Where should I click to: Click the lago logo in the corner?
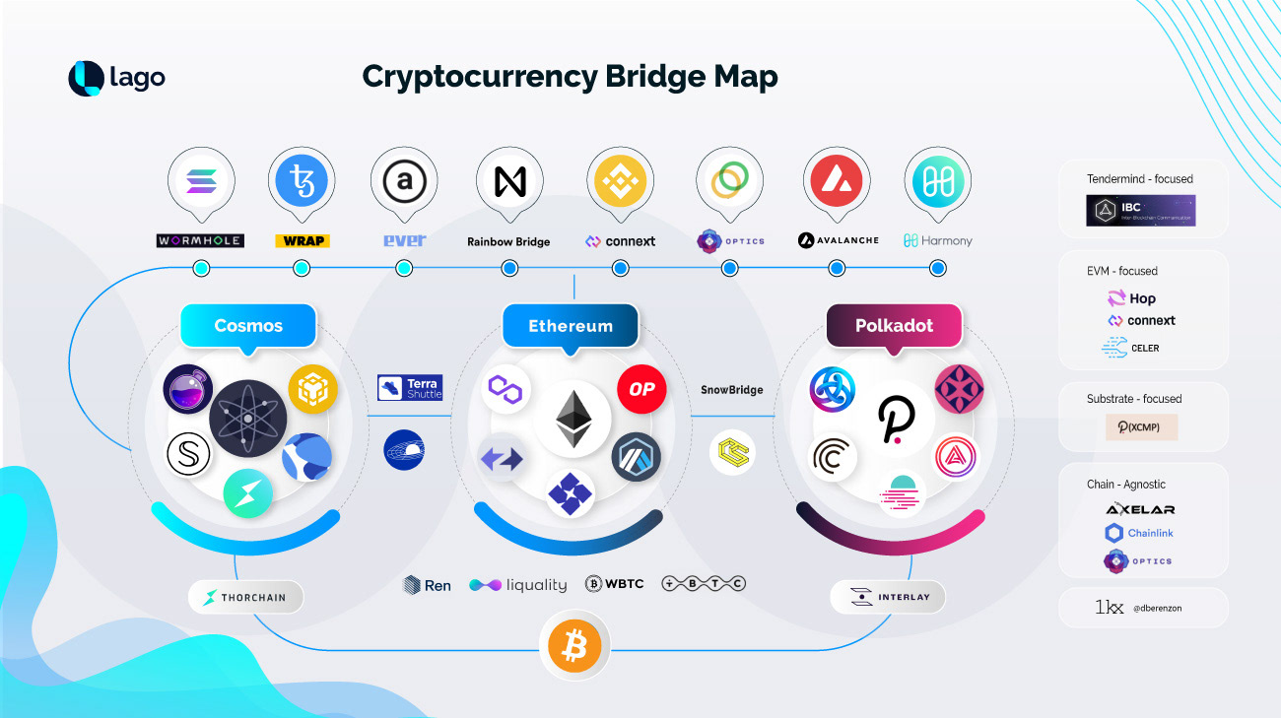tap(116, 79)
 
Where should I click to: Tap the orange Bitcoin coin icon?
tap(574, 647)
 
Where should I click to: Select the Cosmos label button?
tap(248, 326)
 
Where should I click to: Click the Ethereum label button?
tap(571, 326)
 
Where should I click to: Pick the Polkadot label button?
tap(894, 326)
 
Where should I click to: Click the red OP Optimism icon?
tap(641, 389)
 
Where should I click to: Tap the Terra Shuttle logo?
tap(410, 387)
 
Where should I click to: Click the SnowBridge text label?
tap(732, 390)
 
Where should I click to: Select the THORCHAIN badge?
tap(245, 597)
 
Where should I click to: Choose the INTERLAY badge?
tap(887, 597)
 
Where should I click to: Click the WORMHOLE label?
tap(200, 240)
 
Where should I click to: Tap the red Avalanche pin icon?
tap(836, 180)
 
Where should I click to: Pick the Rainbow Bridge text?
tap(508, 241)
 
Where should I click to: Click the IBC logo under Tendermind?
tap(1140, 211)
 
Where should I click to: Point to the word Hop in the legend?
tap(1142, 298)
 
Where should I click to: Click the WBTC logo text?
tap(615, 584)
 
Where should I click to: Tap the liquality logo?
tap(518, 585)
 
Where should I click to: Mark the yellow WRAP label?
tap(303, 240)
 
